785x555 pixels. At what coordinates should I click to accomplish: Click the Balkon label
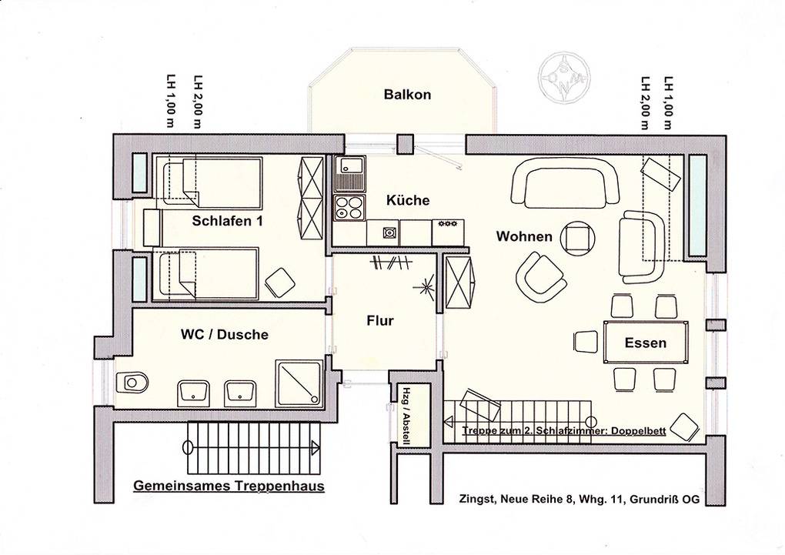(x=407, y=94)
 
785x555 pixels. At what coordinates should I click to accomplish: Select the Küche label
(x=408, y=200)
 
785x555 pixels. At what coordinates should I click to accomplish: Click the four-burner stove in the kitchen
(x=349, y=207)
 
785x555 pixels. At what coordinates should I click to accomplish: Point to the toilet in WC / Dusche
(x=132, y=383)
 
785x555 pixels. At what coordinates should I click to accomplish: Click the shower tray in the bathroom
(x=298, y=383)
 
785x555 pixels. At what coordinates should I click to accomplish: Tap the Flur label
(x=380, y=320)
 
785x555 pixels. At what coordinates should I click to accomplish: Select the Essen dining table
(x=646, y=342)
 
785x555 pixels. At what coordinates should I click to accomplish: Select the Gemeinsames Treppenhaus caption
(x=229, y=486)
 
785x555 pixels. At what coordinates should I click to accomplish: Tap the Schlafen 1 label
(x=227, y=221)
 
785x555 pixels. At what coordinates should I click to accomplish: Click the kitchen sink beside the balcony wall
(x=349, y=173)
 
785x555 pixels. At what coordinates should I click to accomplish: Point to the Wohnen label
(x=524, y=236)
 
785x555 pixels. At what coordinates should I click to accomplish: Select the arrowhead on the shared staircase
(x=315, y=446)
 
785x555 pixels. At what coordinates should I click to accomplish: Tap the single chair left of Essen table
(x=586, y=342)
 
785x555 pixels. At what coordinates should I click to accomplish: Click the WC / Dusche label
(x=224, y=334)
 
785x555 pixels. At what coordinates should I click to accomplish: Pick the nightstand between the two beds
(x=152, y=228)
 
